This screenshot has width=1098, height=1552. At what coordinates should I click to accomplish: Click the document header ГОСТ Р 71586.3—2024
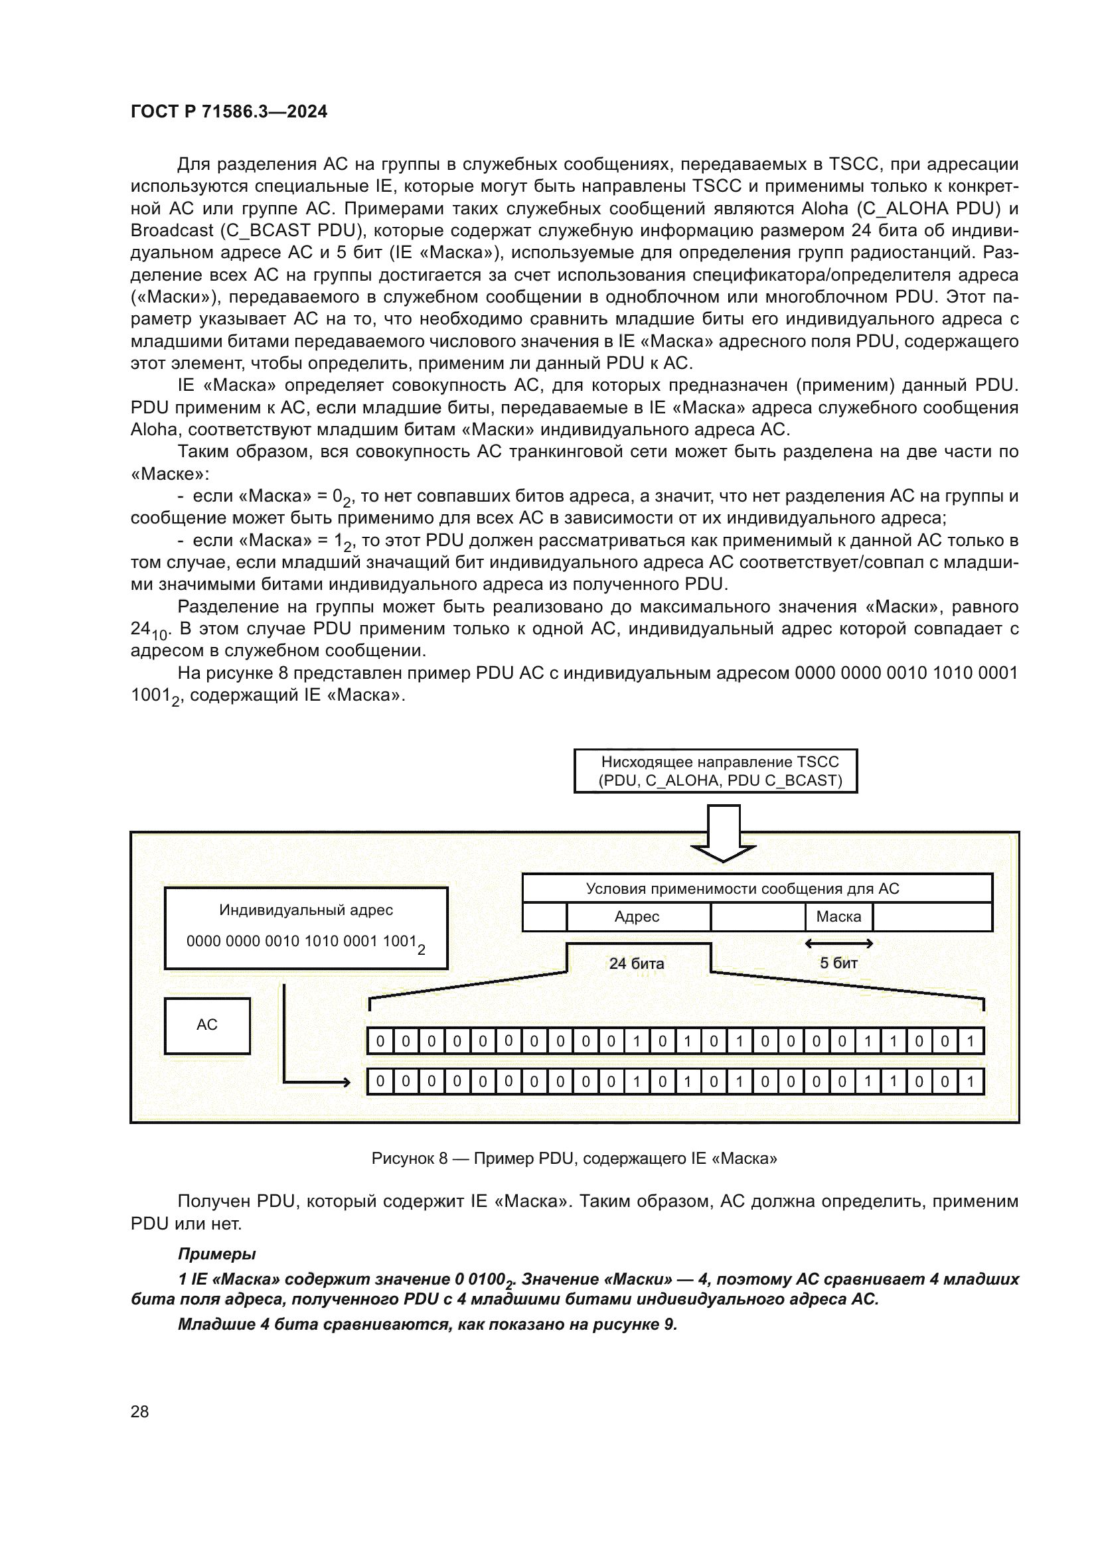point(228,111)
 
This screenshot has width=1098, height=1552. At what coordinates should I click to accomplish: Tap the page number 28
point(139,1411)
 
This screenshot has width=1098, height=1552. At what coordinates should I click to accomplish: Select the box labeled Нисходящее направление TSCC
point(716,770)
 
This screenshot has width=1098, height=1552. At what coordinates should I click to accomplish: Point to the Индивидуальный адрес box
point(305,928)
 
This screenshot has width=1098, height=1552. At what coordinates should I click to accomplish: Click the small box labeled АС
point(207,1024)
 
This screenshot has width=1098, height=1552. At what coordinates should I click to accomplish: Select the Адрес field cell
point(637,916)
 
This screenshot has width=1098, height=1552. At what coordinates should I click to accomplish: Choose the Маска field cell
point(838,916)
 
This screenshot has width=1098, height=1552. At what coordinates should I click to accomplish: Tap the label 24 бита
point(636,963)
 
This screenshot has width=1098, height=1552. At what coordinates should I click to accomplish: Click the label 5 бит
point(838,963)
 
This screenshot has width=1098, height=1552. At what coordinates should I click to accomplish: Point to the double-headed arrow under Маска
point(839,943)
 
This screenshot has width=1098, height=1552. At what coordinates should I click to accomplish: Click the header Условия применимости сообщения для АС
point(742,888)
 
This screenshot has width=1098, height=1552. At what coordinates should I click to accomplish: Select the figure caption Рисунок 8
point(574,1158)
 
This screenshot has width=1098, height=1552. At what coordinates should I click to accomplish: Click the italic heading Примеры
point(216,1254)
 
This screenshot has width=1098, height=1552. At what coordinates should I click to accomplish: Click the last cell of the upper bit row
point(971,1041)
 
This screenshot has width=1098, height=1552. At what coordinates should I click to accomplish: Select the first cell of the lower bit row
point(380,1082)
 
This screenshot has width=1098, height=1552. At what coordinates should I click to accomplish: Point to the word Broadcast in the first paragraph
point(172,230)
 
